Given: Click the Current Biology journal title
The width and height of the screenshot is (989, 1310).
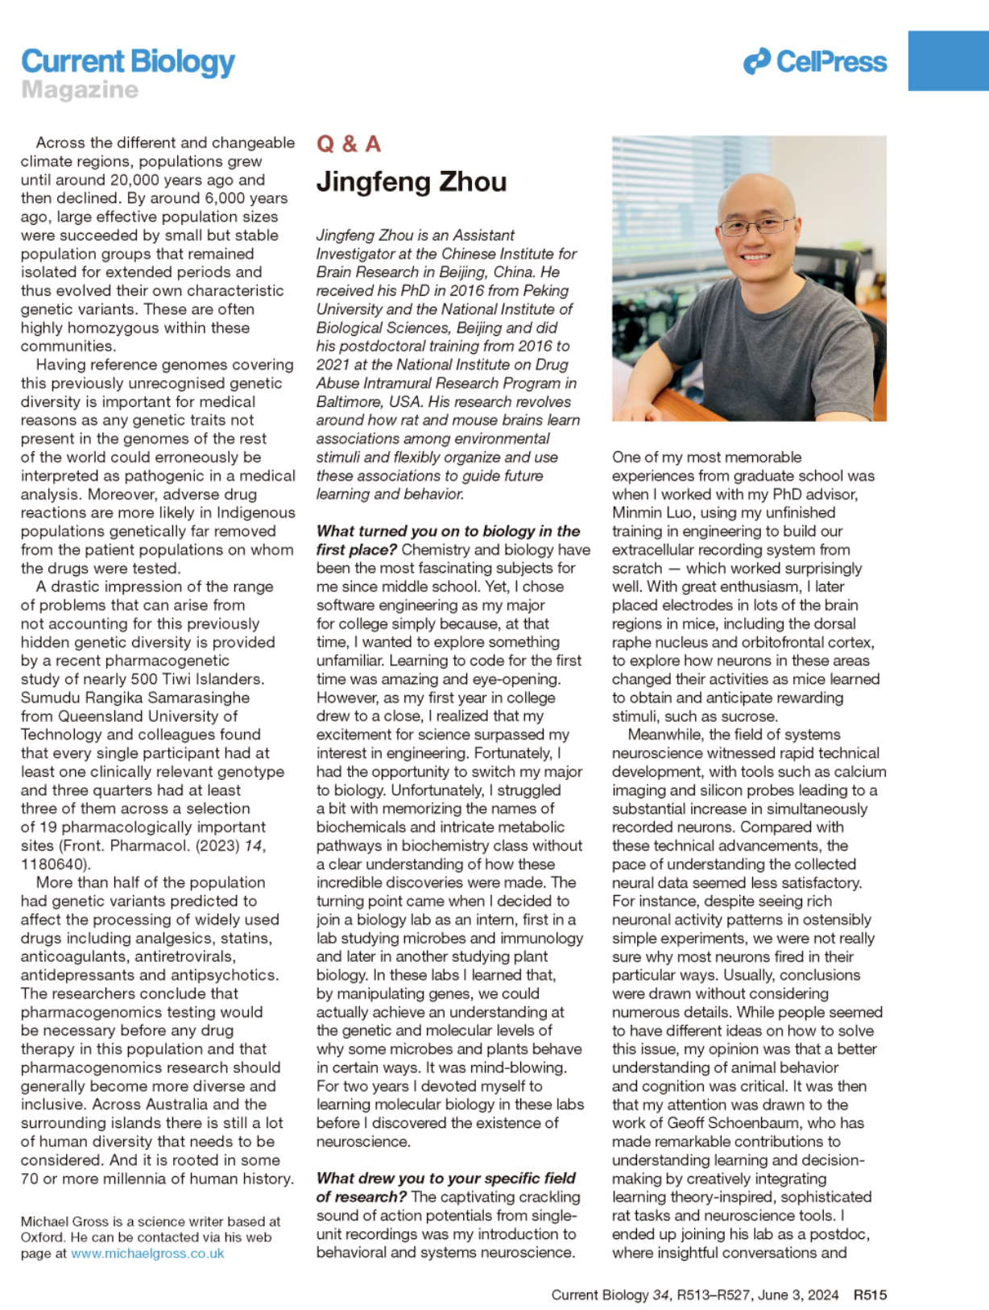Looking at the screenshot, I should (x=128, y=62).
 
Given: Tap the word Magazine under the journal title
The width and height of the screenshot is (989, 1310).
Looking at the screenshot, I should (x=80, y=89).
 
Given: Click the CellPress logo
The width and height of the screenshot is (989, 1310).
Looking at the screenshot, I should (x=815, y=61).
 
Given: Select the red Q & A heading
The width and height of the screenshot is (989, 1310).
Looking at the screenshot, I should (x=348, y=144).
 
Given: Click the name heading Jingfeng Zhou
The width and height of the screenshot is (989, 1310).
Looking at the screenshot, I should (x=411, y=182).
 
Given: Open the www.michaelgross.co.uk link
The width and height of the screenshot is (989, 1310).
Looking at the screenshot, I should (x=147, y=1254).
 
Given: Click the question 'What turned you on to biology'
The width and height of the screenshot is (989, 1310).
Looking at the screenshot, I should (x=448, y=531).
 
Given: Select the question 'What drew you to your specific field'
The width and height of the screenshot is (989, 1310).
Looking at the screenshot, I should (x=445, y=1179).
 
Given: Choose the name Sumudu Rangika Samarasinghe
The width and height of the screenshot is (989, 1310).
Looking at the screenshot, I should (x=135, y=698).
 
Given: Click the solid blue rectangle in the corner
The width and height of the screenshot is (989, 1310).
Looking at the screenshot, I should (x=948, y=61).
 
